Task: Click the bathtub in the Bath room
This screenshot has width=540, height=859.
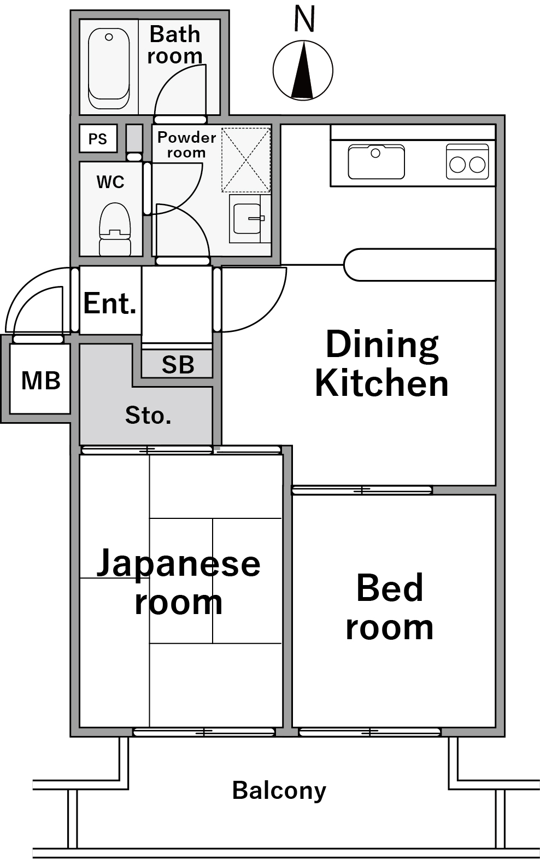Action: tap(109, 68)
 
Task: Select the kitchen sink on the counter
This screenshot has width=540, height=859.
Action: tap(376, 162)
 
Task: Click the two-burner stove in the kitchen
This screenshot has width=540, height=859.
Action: tap(467, 162)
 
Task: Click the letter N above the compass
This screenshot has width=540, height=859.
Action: tap(304, 19)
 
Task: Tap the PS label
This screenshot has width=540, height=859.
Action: tap(98, 139)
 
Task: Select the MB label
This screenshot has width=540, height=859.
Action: tap(40, 381)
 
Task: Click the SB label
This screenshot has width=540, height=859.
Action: tap(178, 365)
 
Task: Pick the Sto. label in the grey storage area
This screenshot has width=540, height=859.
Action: tap(148, 416)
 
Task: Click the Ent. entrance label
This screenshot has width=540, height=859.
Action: tap(109, 303)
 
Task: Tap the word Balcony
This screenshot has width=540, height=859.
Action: tap(279, 791)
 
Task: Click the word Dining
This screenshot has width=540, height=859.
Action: tap(381, 345)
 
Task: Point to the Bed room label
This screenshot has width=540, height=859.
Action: tap(389, 607)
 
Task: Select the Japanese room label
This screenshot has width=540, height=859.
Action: tap(179, 582)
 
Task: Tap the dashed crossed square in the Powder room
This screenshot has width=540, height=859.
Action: tap(246, 160)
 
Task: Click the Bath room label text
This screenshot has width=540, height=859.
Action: tap(175, 45)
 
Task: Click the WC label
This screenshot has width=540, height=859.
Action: tap(110, 182)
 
